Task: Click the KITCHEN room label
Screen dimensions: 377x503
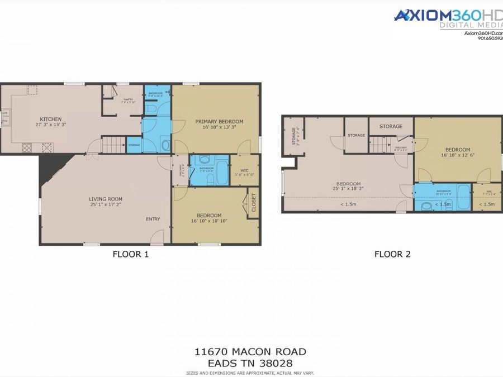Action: pyautogui.click(x=50, y=119)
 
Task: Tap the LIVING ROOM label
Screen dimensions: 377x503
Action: pyautogui.click(x=106, y=199)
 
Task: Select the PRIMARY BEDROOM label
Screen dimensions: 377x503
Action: pyautogui.click(x=219, y=121)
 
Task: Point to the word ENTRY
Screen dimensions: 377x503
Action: pyautogui.click(x=153, y=219)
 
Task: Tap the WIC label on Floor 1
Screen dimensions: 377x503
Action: pyautogui.click(x=244, y=170)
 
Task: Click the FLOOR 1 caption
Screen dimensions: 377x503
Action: pyautogui.click(x=131, y=254)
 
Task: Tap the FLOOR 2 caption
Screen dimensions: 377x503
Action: pyautogui.click(x=392, y=254)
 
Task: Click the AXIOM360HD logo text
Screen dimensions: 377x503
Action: pyautogui.click(x=447, y=16)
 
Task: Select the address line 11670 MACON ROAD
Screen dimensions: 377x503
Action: pyautogui.click(x=250, y=351)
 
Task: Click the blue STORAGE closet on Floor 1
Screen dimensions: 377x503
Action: pyautogui.click(x=134, y=145)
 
